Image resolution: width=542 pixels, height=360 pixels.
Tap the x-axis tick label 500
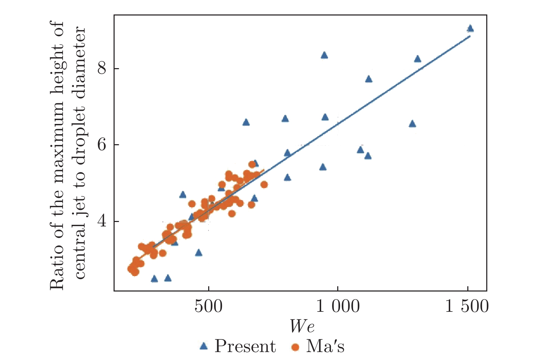209,306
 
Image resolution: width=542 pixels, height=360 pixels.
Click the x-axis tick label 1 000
338,306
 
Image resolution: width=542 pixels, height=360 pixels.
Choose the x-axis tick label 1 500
467,306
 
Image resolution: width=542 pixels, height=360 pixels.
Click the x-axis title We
302,326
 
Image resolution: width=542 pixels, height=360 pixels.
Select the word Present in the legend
245,346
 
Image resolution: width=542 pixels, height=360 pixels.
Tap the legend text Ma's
325,346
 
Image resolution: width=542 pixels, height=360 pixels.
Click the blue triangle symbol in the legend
204,346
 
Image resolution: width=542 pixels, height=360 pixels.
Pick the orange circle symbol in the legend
295,347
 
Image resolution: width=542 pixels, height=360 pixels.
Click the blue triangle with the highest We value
470,29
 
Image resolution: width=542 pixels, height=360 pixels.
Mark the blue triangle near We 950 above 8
324,55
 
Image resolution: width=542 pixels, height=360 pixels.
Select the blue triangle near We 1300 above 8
417,59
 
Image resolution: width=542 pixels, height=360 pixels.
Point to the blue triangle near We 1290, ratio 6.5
412,124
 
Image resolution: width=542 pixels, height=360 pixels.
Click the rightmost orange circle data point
264,185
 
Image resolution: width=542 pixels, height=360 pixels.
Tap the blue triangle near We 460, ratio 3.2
199,253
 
